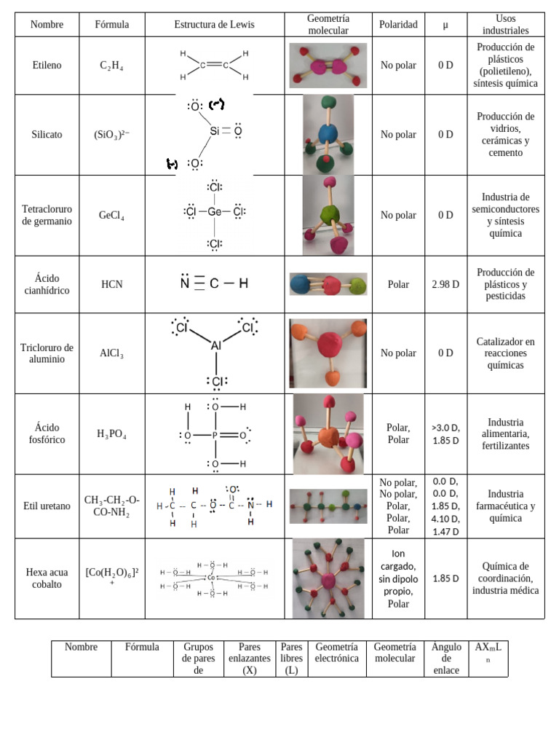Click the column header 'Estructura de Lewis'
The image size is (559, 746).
tap(215, 24)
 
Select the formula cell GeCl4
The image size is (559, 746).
tap(111, 216)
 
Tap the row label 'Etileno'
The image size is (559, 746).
tap(47, 65)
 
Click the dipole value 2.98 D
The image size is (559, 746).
tap(445, 284)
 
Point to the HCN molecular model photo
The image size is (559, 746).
tap(328, 284)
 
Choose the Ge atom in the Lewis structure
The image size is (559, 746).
tap(215, 212)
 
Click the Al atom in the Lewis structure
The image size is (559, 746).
tap(216, 347)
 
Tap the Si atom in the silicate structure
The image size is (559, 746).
tap(215, 132)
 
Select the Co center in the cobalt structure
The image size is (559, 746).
tap(211, 578)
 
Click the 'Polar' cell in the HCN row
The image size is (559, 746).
tap(398, 284)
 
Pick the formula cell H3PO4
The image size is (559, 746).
tap(111, 434)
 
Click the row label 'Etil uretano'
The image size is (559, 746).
tap(47, 506)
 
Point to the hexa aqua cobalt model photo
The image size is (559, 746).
tap(328, 578)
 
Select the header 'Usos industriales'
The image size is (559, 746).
tap(505, 24)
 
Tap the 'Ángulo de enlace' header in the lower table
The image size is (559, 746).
tap(445, 659)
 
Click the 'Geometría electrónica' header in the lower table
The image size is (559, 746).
tap(336, 653)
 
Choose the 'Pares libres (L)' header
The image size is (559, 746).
tap(292, 659)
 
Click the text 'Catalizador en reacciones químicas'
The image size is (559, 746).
tap(505, 353)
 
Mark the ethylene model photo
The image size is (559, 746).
tap(328, 66)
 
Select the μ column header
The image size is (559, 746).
tap(445, 24)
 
